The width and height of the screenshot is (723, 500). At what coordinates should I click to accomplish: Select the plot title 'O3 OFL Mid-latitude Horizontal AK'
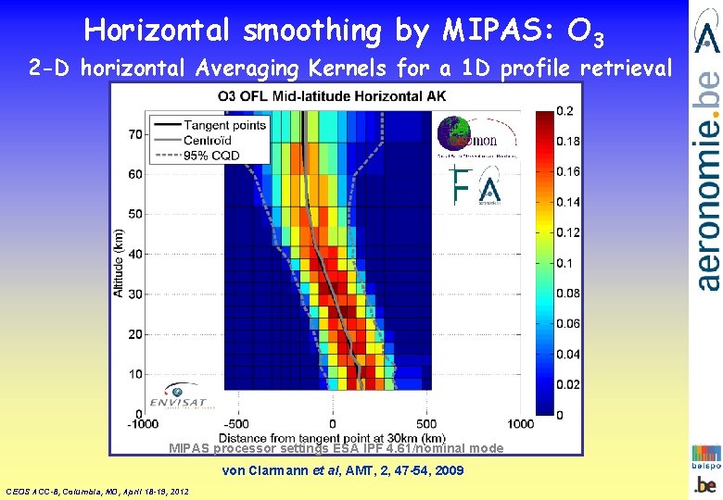331,96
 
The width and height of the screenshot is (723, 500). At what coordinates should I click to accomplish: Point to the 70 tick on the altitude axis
135,134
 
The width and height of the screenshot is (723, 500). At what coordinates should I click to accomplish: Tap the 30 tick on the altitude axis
135,294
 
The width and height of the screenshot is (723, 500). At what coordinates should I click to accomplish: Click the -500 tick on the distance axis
236,424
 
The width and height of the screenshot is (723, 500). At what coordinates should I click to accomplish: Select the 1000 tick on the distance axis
521,424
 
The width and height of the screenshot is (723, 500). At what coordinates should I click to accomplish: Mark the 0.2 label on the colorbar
564,111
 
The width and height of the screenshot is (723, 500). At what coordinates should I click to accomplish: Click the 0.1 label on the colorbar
564,263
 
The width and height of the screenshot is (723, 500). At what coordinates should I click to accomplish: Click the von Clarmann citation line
343,471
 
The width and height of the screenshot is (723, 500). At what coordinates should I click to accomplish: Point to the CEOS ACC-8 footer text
97,491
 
